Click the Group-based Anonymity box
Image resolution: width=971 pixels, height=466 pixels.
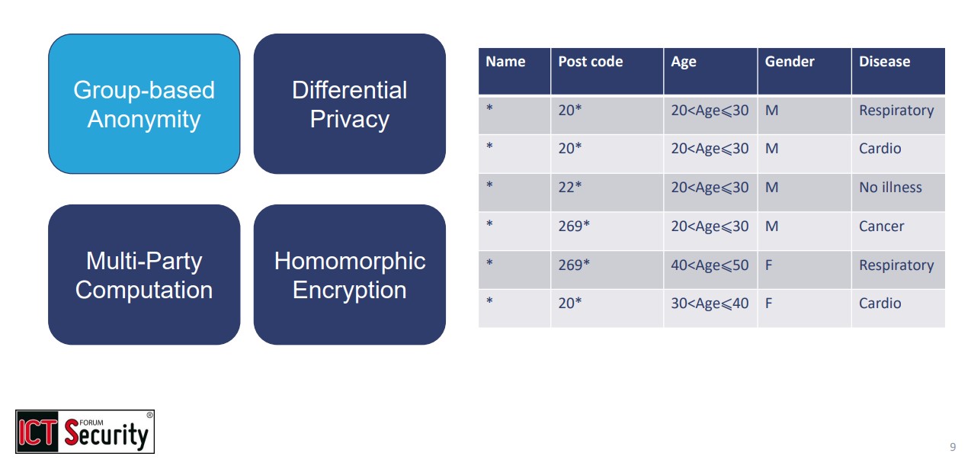[144, 104]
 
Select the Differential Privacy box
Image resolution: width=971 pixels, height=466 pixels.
[349, 104]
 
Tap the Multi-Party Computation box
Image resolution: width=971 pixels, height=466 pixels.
[144, 275]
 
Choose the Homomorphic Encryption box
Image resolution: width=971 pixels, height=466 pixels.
[349, 275]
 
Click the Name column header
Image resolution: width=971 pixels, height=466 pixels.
[505, 63]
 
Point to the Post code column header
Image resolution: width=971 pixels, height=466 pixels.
[590, 63]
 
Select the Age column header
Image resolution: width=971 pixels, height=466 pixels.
[684, 63]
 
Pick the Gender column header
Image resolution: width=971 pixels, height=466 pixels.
[790, 63]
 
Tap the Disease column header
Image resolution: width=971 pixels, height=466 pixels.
[884, 63]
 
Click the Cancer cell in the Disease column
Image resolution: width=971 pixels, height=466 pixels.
[881, 227]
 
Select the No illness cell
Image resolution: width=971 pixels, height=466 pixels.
[890, 188]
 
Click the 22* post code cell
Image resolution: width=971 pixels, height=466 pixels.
[570, 188]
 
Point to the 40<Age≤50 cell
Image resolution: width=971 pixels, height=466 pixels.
[710, 265]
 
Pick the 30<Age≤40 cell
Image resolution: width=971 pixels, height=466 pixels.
[710, 304]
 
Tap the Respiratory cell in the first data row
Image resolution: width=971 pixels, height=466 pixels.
[896, 111]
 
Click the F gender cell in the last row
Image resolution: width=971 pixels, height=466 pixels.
[769, 304]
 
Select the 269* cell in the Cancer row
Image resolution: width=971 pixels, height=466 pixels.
[574, 227]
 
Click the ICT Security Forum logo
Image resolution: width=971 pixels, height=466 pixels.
[85, 432]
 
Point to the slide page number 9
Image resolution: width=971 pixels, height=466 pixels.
[953, 447]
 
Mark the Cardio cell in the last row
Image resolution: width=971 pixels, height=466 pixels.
[880, 304]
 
